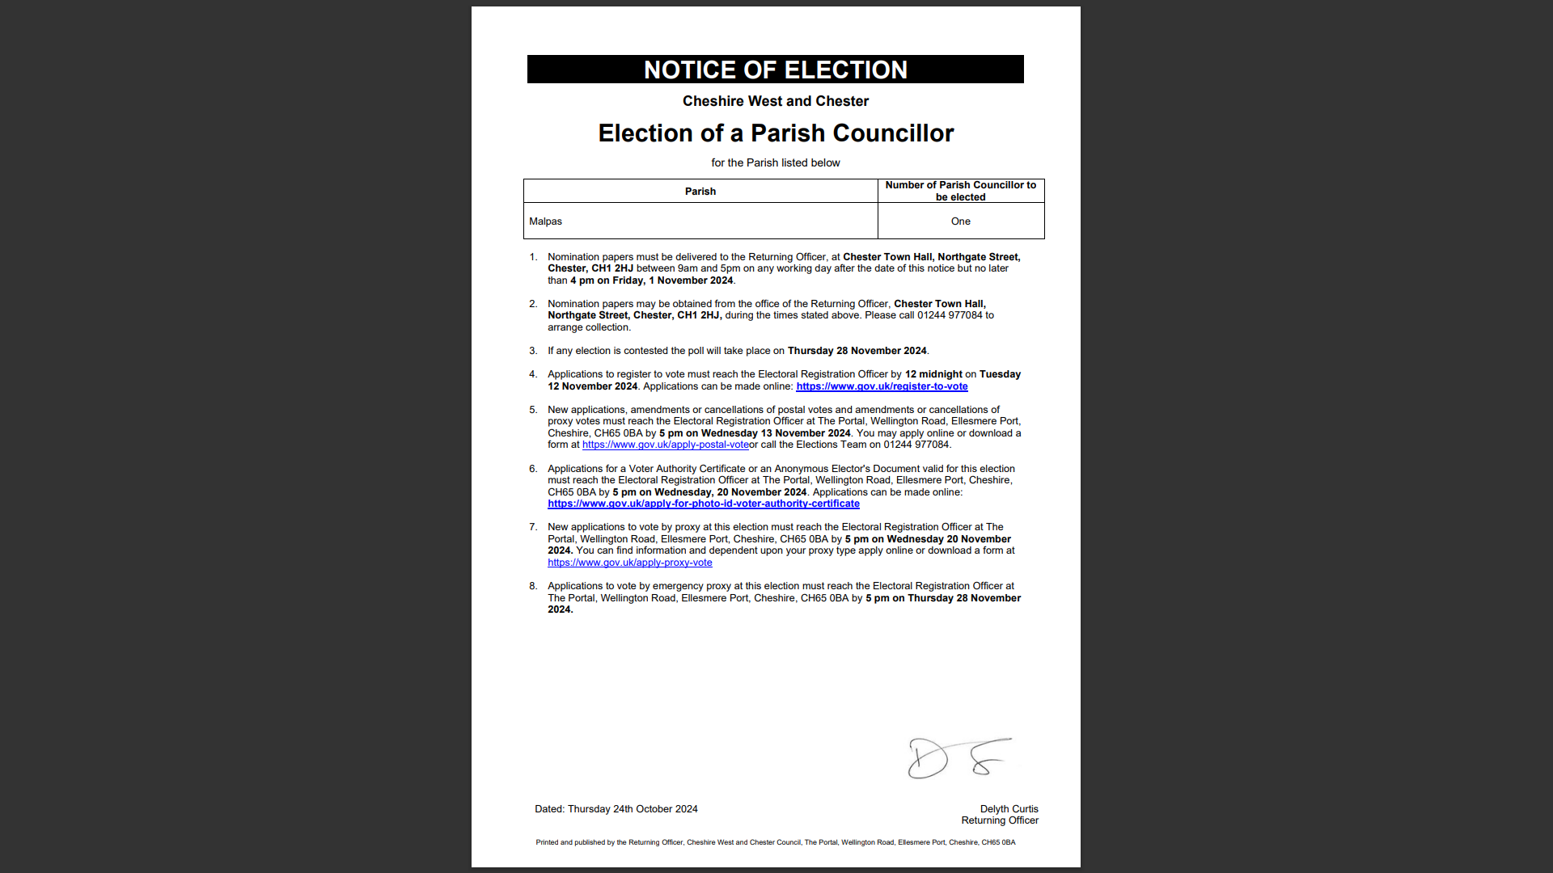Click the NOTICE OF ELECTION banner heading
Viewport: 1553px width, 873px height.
coord(775,70)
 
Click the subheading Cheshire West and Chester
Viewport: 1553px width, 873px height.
coord(775,101)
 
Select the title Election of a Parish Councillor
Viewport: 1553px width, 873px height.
coord(775,133)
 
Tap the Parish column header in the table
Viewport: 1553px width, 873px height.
coord(700,192)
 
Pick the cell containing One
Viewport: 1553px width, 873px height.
coord(960,221)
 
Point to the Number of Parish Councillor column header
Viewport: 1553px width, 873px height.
coord(960,191)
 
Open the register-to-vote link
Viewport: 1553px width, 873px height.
coord(882,386)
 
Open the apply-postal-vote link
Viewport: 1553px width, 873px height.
coord(665,445)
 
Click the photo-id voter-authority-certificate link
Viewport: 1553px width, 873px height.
coord(703,504)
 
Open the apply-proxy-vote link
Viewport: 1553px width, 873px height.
coord(629,563)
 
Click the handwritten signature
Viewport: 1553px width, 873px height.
coord(958,758)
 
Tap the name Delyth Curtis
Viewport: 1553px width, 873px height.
coord(1009,809)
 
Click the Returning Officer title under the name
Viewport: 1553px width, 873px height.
coord(999,820)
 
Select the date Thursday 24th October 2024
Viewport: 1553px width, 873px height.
coord(632,809)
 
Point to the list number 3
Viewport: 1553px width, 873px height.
coord(533,351)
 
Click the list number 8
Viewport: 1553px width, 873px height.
coord(533,586)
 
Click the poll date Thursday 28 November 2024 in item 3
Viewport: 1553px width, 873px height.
coord(857,351)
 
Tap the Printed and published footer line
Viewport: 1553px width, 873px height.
coord(775,842)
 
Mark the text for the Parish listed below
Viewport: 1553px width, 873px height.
coord(775,163)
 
